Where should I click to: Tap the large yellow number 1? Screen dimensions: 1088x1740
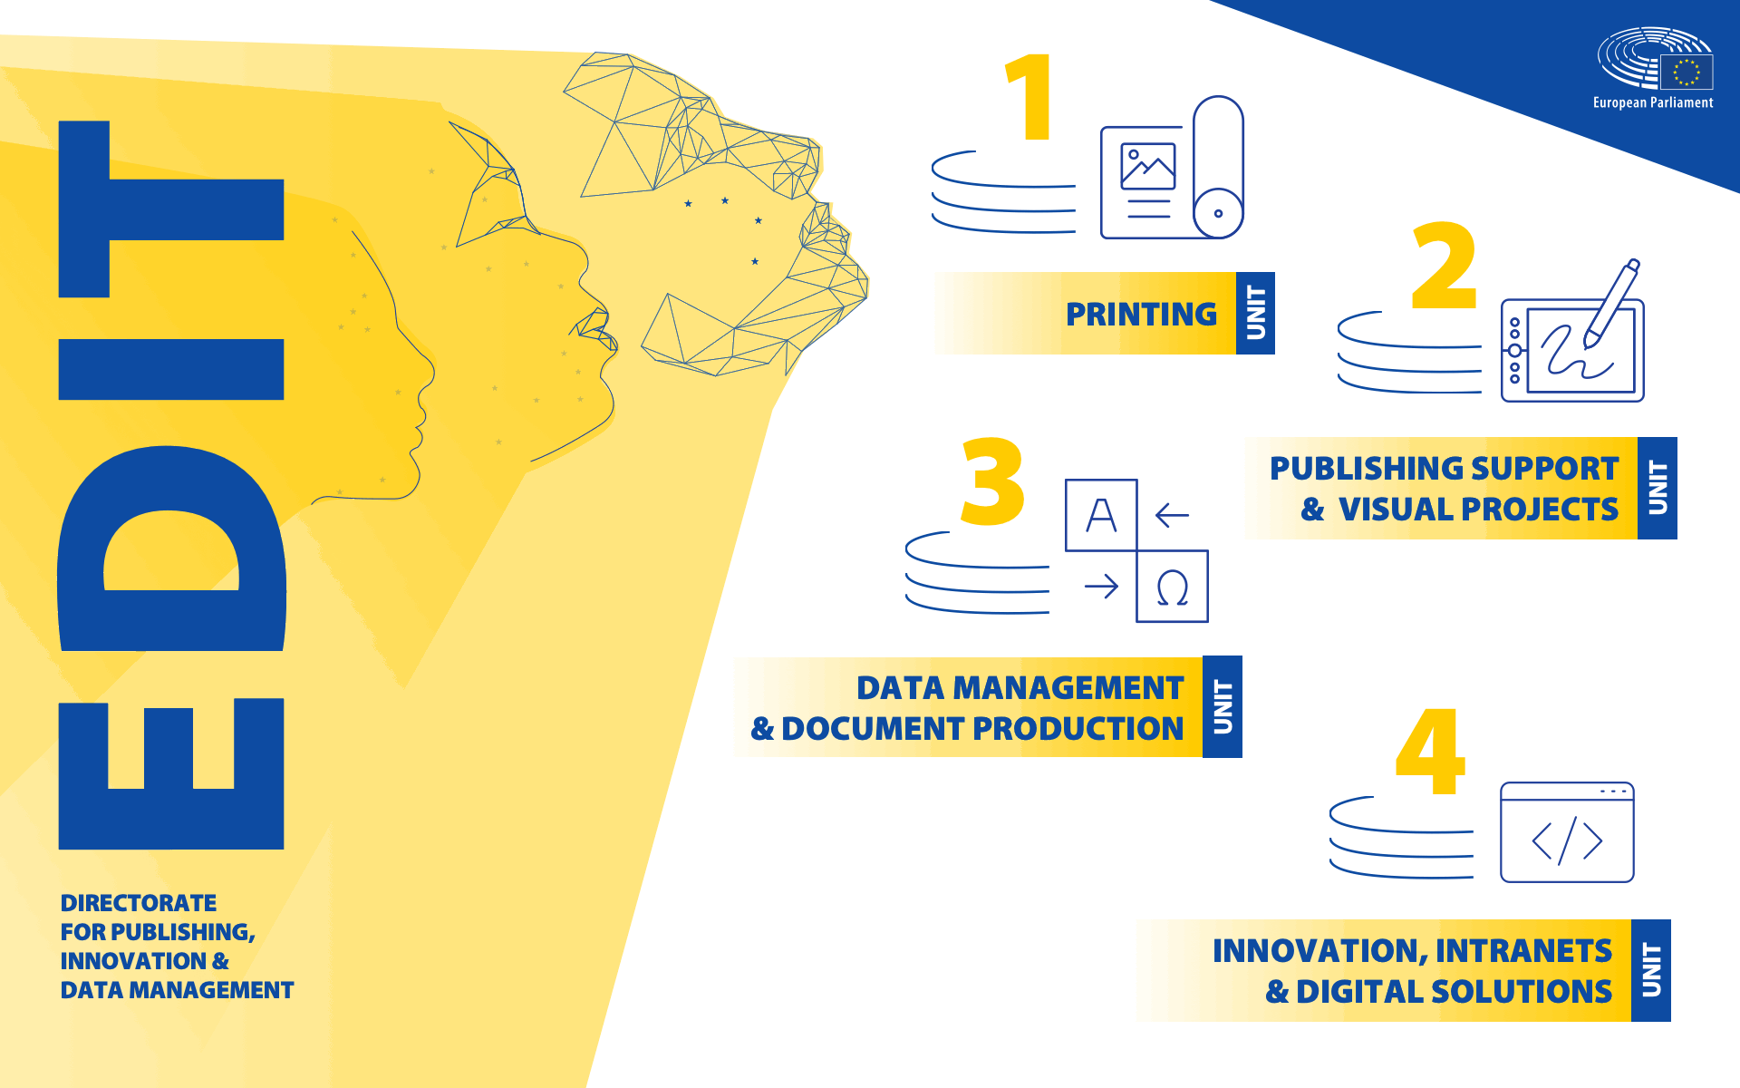[1031, 97]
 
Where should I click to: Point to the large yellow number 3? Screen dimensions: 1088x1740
[993, 481]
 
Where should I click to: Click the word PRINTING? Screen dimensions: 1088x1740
[1141, 315]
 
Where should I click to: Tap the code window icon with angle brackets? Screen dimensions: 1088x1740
[1567, 832]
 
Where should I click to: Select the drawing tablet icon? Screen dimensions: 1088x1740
[1572, 351]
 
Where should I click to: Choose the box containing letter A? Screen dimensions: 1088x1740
[1101, 515]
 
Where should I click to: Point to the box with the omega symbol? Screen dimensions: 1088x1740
[1172, 587]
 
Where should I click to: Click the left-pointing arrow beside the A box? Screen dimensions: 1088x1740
[1172, 515]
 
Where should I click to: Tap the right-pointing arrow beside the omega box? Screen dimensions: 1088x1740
[1101, 587]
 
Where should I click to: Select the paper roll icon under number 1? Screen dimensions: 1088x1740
[1218, 168]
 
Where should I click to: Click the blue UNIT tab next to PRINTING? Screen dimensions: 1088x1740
[1255, 313]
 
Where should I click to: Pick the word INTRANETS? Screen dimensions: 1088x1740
[1523, 951]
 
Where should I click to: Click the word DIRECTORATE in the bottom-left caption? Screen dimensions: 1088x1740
[139, 903]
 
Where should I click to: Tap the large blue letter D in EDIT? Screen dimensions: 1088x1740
[171, 549]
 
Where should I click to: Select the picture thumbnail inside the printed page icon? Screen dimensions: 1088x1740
[1147, 167]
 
